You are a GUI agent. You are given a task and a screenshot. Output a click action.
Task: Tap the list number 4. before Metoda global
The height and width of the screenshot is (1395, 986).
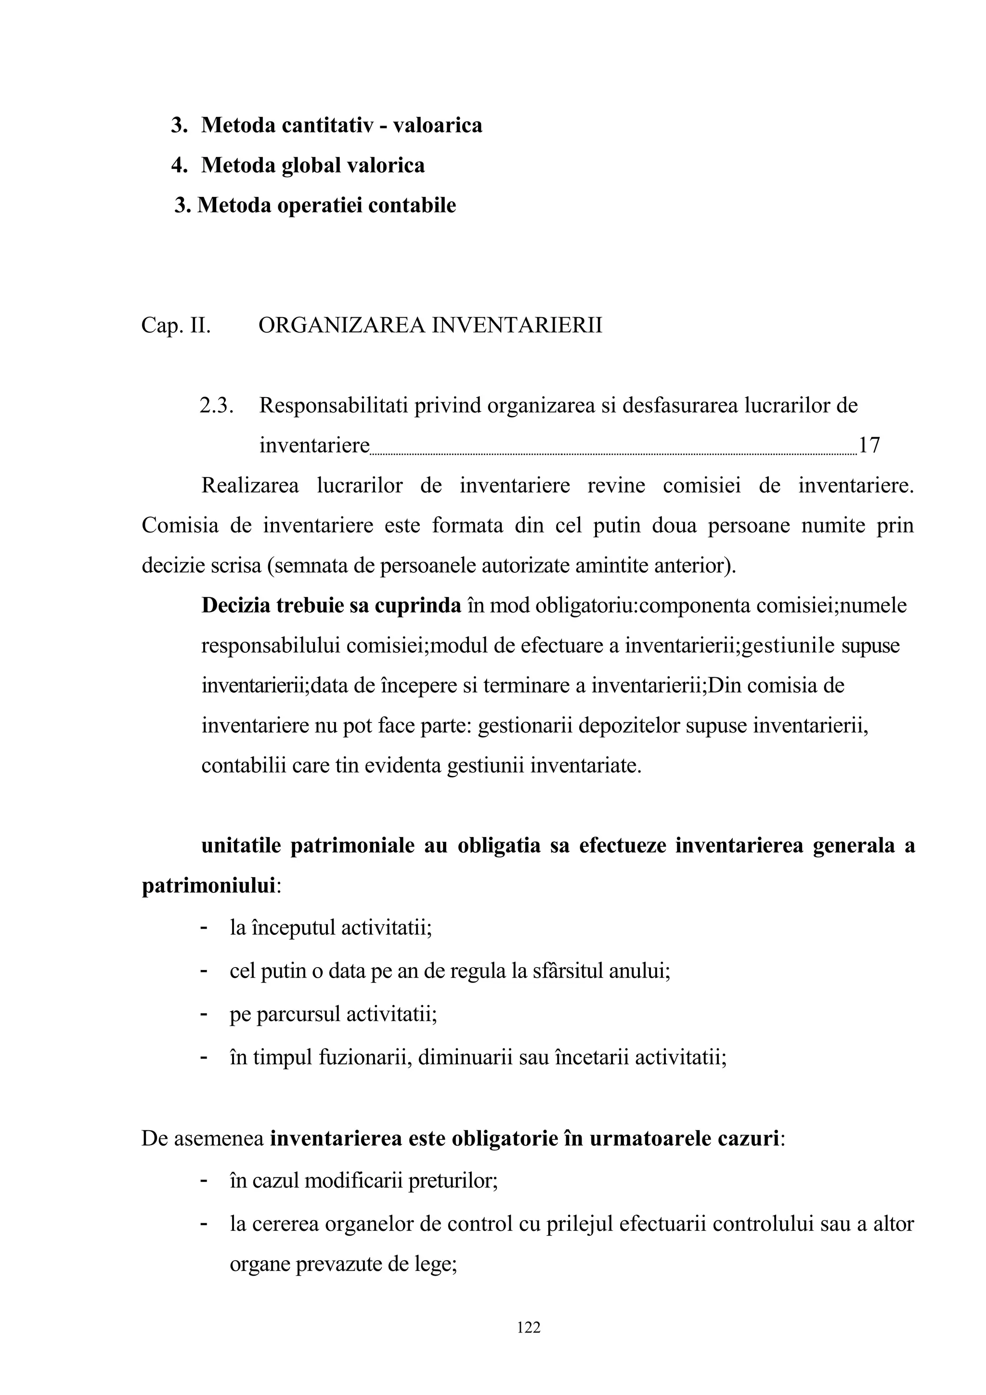pyautogui.click(x=179, y=165)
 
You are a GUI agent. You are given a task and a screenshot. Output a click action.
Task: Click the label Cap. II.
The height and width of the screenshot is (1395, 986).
pyautogui.click(x=176, y=326)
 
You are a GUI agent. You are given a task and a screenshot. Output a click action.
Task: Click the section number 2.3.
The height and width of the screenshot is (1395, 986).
pyautogui.click(x=216, y=405)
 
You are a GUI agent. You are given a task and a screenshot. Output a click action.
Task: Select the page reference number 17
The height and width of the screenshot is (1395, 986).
pyautogui.click(x=869, y=445)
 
